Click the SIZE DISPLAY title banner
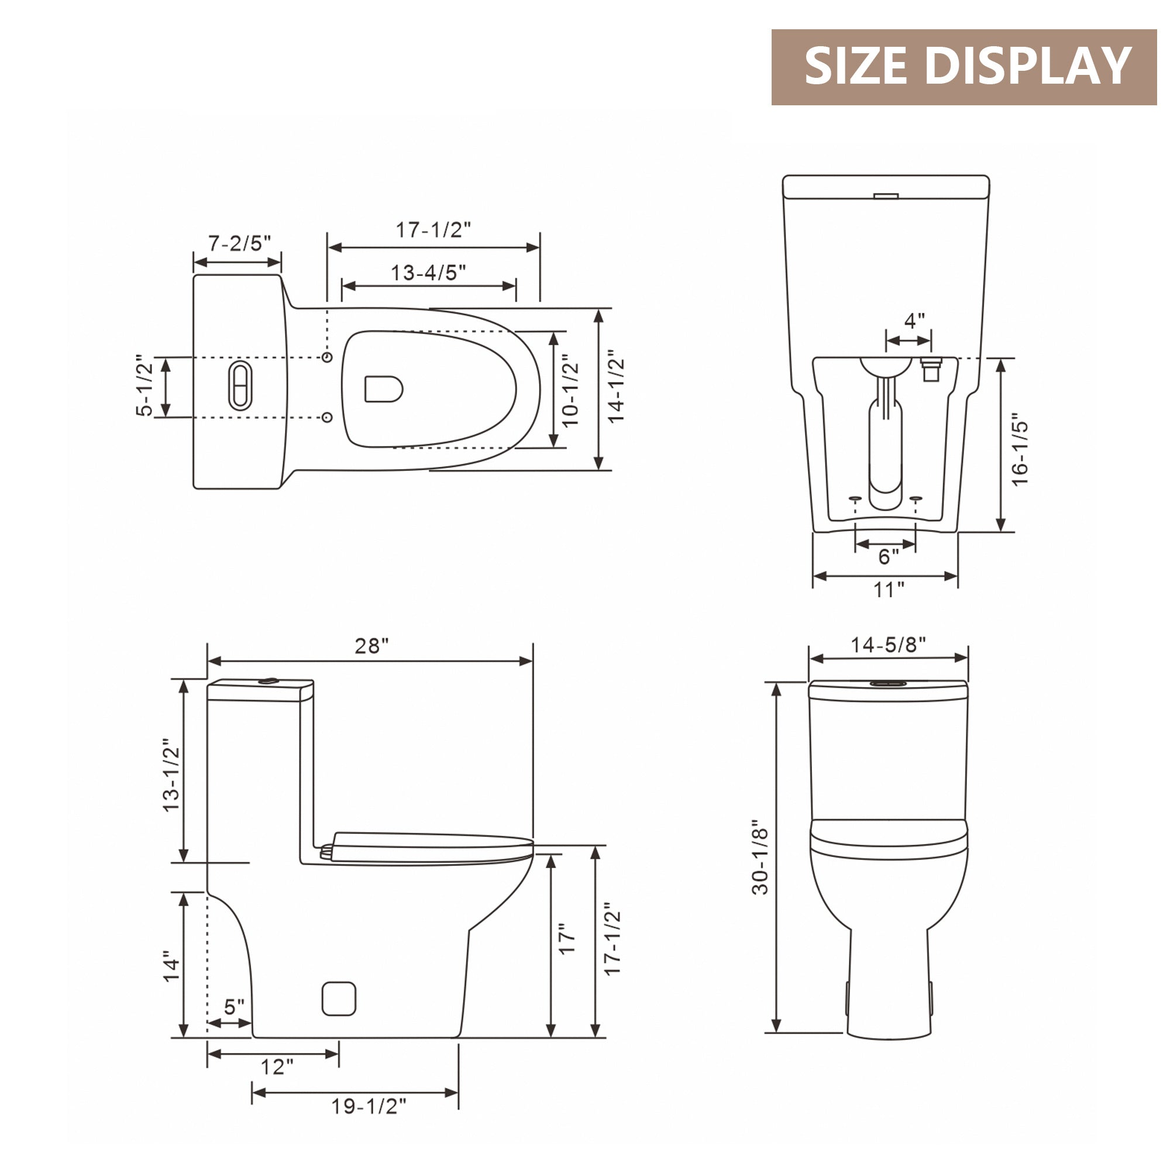click(x=963, y=67)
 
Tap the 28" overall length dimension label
click(x=371, y=646)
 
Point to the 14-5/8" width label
click(x=889, y=645)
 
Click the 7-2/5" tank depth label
click(x=240, y=243)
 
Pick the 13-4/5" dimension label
click(x=428, y=273)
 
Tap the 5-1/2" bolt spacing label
click(x=145, y=386)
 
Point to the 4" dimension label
click(x=914, y=321)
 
